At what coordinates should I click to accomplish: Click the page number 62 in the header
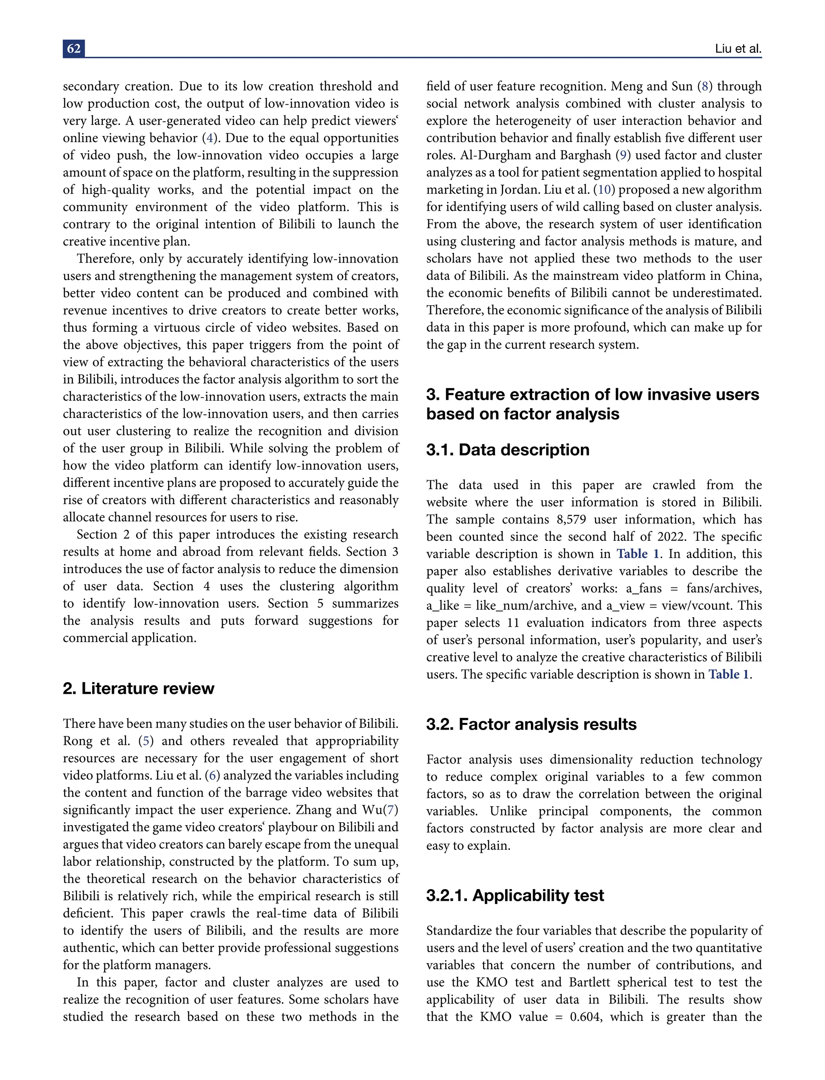[x=74, y=49]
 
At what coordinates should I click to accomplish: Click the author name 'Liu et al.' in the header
[x=738, y=49]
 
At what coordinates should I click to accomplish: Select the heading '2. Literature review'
[x=139, y=688]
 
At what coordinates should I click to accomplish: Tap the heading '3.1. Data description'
[x=507, y=450]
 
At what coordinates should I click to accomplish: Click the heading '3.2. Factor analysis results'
[x=531, y=724]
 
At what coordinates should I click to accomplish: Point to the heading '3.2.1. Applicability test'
[x=515, y=896]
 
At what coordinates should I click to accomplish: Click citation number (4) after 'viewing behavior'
[x=210, y=138]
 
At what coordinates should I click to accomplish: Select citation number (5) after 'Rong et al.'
[x=146, y=741]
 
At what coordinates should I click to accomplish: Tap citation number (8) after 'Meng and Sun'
[x=705, y=87]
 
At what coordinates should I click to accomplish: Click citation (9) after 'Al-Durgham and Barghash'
[x=623, y=155]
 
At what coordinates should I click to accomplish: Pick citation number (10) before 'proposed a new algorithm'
[x=604, y=190]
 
